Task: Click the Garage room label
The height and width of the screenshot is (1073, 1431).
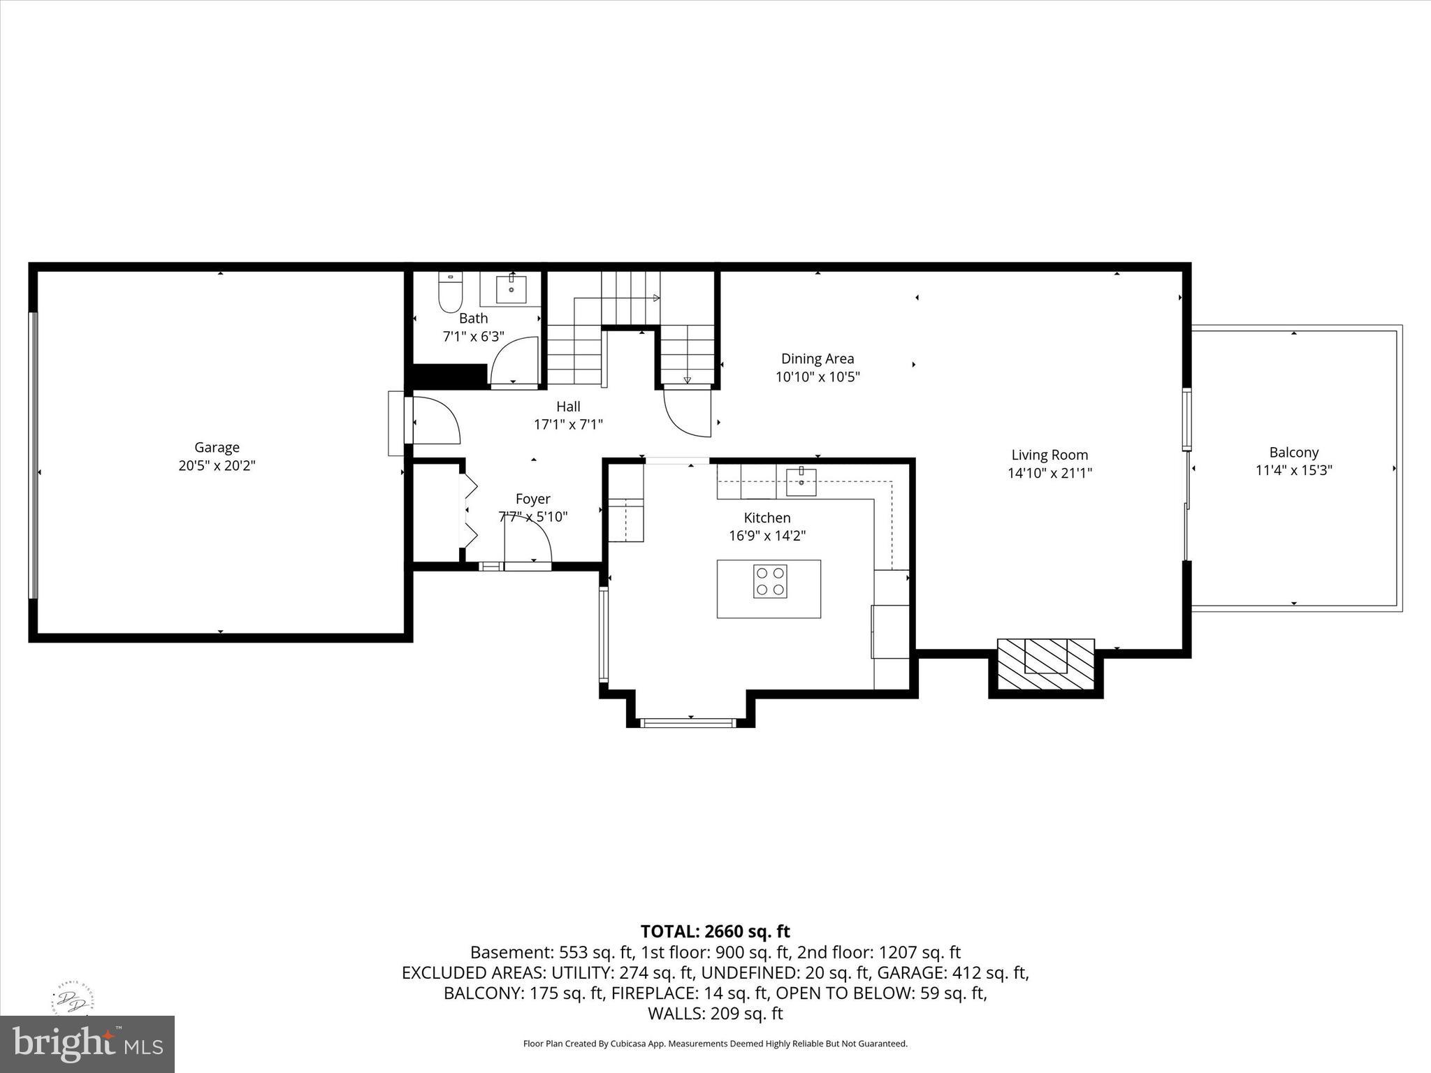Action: pos(217,447)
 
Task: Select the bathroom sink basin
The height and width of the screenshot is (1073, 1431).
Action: pos(511,289)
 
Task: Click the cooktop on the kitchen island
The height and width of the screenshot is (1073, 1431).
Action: pos(770,581)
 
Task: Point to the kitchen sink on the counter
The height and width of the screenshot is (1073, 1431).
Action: pos(801,481)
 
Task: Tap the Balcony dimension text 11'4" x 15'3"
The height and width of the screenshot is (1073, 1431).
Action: pos(1293,470)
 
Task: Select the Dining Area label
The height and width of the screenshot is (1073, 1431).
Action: pos(817,358)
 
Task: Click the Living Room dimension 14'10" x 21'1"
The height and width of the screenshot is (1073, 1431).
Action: pos(1049,473)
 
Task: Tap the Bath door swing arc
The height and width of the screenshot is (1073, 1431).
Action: pos(515,360)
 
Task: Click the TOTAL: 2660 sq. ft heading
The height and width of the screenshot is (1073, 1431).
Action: pos(715,931)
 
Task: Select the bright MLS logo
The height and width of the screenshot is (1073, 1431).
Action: pos(87,1044)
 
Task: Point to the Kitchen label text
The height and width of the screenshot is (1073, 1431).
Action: pos(767,518)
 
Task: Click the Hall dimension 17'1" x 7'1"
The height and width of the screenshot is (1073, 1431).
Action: pos(568,424)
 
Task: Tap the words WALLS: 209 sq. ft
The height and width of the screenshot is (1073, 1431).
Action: pos(715,1013)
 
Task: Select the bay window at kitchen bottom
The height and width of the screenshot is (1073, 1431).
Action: pos(689,722)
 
